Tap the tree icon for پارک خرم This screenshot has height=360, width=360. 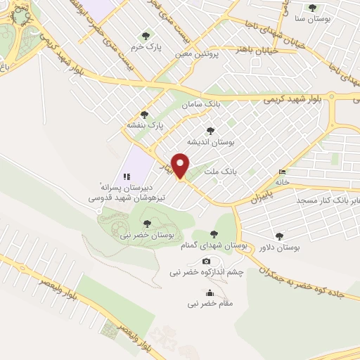point(146,35)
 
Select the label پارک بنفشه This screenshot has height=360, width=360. point(145,125)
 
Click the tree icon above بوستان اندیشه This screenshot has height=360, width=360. point(210,130)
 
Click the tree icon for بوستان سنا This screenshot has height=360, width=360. point(313,8)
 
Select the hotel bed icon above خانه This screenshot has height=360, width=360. point(283,171)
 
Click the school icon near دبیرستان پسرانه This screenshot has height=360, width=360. point(127,176)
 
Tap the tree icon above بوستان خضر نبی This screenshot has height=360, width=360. point(146,224)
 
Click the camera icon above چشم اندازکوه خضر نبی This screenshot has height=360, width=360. point(207,262)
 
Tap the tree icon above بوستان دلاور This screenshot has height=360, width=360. point(280,237)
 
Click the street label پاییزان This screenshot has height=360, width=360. point(259,194)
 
